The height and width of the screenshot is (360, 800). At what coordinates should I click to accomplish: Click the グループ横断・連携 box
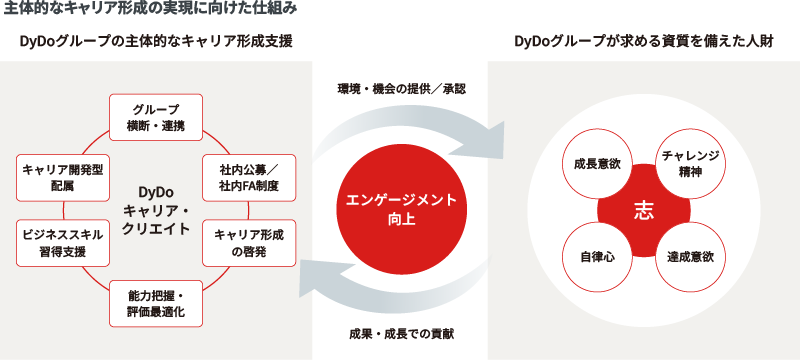click(x=156, y=118)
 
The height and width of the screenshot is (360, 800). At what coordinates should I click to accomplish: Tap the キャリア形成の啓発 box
click(x=248, y=241)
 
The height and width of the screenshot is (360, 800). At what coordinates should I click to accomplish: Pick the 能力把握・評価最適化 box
click(x=156, y=303)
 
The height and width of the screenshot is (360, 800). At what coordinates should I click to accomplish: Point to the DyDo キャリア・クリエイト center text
click(x=155, y=210)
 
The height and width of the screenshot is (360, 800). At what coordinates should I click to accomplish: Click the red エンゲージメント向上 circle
click(x=400, y=209)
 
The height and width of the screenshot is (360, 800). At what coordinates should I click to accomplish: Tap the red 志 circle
click(x=645, y=210)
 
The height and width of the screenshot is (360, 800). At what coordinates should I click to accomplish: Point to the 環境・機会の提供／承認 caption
click(x=400, y=88)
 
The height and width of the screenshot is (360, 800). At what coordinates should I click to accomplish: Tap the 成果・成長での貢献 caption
click(x=400, y=332)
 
